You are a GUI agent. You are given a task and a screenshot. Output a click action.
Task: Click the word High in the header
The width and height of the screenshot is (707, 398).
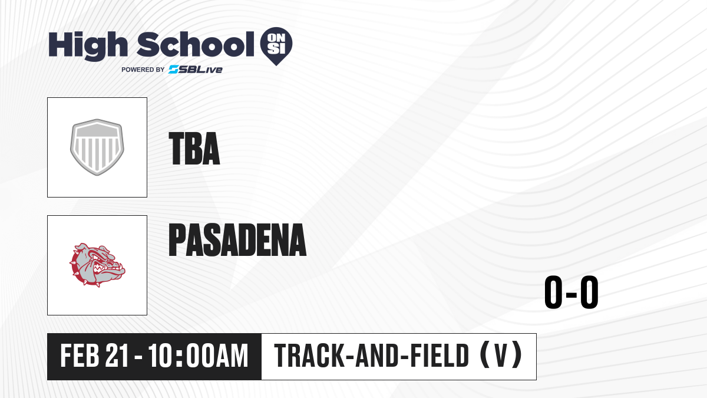click(88, 45)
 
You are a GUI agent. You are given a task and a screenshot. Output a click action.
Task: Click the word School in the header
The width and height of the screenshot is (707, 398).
click(196, 44)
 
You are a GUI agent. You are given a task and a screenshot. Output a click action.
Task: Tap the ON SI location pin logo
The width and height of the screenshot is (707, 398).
click(276, 46)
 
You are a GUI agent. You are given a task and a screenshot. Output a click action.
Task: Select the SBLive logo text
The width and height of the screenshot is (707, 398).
click(196, 70)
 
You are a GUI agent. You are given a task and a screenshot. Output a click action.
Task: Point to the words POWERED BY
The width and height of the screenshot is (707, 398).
click(143, 70)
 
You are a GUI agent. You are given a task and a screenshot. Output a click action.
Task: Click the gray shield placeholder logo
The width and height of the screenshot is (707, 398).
click(97, 147)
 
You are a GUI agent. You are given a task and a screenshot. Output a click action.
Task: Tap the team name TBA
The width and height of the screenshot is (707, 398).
click(194, 149)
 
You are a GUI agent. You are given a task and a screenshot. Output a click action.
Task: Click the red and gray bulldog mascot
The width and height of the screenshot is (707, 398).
click(97, 265)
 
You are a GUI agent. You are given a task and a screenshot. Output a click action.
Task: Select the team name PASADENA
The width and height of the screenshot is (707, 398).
click(237, 239)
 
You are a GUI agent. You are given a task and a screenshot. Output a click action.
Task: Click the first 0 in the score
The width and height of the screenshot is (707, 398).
click(553, 292)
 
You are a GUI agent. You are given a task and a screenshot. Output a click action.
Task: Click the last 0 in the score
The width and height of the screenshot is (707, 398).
click(589, 292)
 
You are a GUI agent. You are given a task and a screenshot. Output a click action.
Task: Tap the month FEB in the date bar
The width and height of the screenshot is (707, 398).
click(80, 356)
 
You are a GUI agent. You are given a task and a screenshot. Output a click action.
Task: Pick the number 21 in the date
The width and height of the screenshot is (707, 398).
click(117, 356)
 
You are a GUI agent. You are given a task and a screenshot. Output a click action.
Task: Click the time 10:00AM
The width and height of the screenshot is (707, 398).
click(198, 356)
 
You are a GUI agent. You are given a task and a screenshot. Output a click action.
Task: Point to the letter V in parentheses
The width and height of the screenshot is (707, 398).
click(501, 356)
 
